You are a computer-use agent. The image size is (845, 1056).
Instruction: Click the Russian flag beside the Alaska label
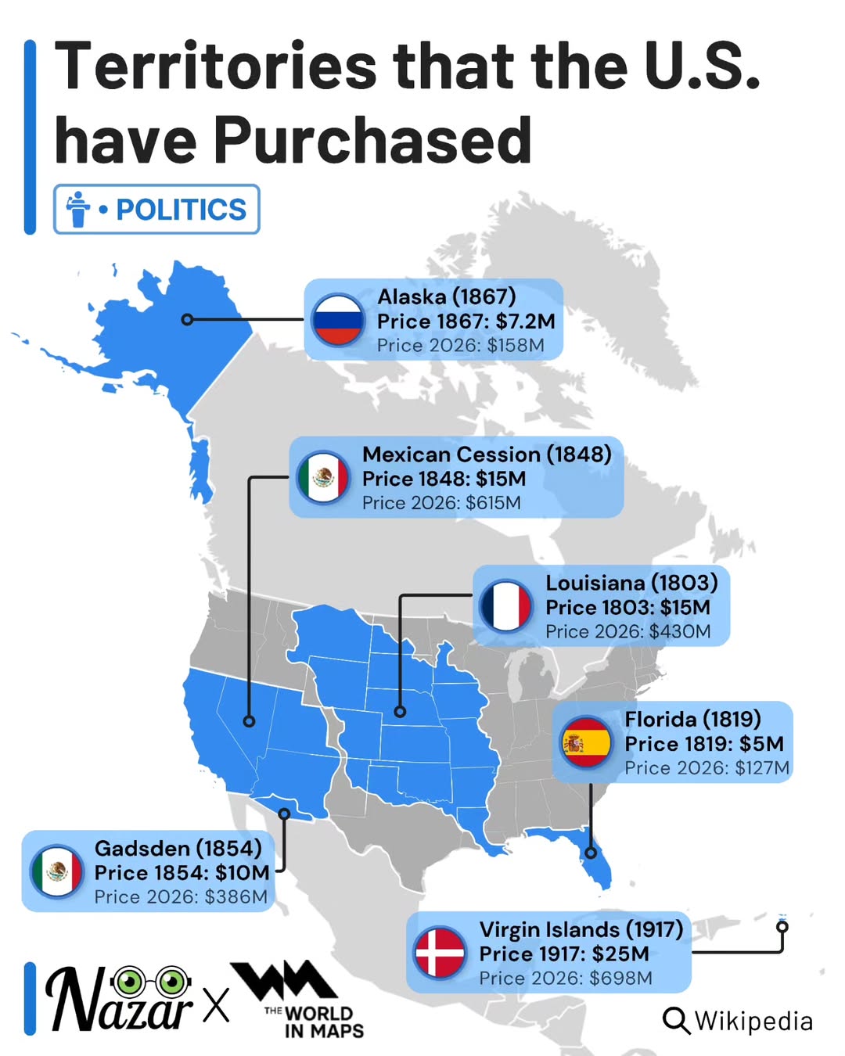coord(338,320)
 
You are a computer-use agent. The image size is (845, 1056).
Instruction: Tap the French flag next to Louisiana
coord(506,606)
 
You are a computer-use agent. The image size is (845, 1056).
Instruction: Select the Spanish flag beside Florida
coord(585,742)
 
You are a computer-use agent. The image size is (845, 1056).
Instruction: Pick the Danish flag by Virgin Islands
coord(440,953)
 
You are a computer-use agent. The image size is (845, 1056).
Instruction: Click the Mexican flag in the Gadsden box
coord(57,871)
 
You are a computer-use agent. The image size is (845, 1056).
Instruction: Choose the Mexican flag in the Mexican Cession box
coord(323,477)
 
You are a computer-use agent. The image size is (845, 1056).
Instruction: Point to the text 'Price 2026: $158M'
coord(460,346)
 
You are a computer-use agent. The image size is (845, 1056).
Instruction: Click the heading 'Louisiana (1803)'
coord(631,583)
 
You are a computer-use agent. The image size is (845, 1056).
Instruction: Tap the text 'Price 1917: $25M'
coord(563,954)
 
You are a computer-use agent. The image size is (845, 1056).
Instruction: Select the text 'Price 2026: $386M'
coord(181,897)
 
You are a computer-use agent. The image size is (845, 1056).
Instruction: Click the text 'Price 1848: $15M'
coord(444,479)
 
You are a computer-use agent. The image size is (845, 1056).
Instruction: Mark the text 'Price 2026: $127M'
coord(707,768)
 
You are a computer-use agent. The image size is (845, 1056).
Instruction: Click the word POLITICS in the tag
coord(181,210)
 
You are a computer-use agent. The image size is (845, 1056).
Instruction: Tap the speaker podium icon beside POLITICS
coord(78,210)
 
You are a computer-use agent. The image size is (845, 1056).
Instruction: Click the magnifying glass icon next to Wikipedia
coord(676,1021)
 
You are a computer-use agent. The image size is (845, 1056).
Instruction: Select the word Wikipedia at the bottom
coord(753,1021)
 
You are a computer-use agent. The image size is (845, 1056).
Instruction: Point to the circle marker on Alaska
coord(187,319)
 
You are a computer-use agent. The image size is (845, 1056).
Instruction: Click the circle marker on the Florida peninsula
coord(591,853)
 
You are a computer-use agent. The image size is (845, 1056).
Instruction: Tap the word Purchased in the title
coord(372,141)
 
